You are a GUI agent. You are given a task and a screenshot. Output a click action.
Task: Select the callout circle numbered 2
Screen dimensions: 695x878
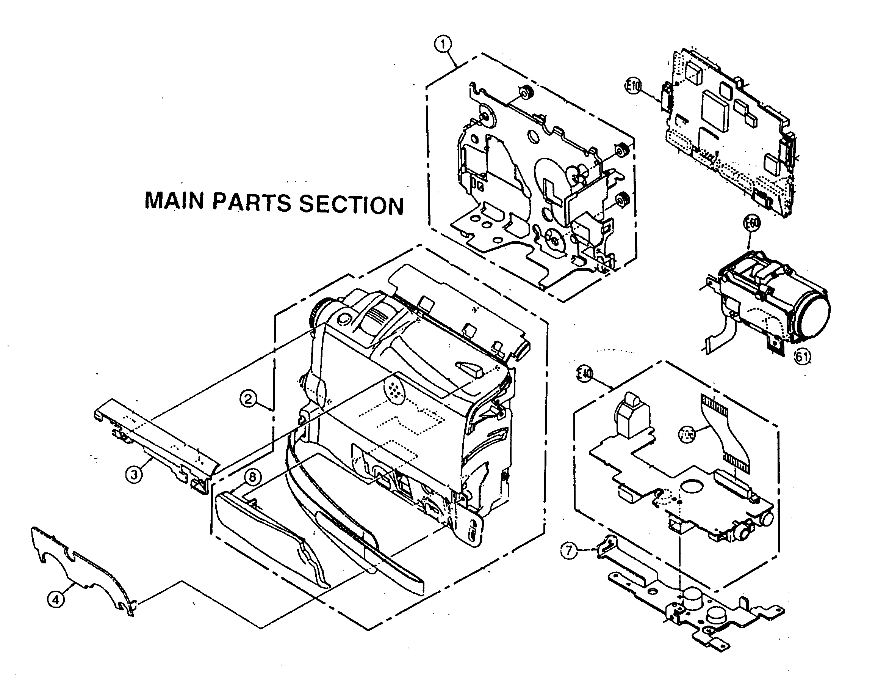[249, 398]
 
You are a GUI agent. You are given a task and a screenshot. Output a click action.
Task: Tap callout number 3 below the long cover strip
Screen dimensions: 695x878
[134, 474]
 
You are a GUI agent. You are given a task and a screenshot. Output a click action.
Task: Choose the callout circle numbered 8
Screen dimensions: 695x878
[253, 476]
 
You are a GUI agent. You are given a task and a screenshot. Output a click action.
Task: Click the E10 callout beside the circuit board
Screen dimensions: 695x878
[633, 86]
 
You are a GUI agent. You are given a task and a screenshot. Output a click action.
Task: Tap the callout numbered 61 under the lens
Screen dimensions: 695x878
[802, 357]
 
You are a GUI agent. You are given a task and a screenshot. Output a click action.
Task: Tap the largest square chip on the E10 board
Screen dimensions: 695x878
[716, 104]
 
